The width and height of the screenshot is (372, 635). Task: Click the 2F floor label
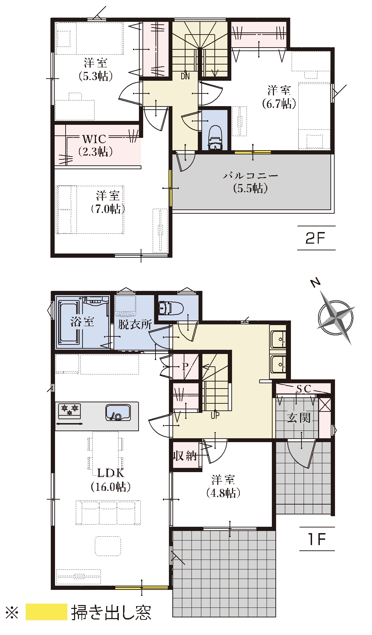pyautogui.click(x=315, y=239)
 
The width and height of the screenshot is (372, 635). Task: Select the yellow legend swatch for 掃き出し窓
pyautogui.click(x=47, y=612)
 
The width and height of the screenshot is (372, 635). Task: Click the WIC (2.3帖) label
pyautogui.click(x=95, y=145)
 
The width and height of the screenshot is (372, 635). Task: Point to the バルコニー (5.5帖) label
pyautogui.click(x=250, y=182)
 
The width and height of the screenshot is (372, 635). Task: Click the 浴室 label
pyautogui.click(x=82, y=322)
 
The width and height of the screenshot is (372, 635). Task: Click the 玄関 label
pyautogui.click(x=299, y=418)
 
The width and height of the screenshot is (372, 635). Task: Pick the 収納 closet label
pyautogui.click(x=185, y=456)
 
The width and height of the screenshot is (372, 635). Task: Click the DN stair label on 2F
pyautogui.click(x=185, y=76)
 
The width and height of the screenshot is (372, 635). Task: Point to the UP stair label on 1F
pyautogui.click(x=215, y=415)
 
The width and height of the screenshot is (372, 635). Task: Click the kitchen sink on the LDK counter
pyautogui.click(x=118, y=413)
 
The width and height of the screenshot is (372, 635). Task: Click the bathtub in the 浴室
pyautogui.click(x=72, y=322)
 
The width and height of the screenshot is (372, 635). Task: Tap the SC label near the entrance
pyautogui.click(x=304, y=389)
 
